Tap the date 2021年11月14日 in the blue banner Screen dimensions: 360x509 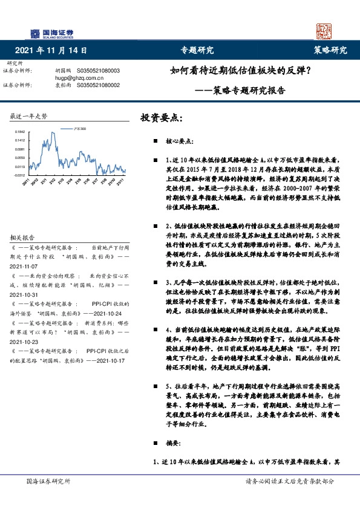49,50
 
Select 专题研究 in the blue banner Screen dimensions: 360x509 197,50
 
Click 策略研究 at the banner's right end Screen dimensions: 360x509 330,50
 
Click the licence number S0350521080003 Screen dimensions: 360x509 99,71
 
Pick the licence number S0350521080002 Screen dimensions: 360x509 99,85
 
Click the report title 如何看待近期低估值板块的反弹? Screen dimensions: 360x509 240,71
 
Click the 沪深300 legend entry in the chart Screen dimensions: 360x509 78,129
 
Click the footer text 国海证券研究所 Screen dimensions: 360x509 48,481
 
